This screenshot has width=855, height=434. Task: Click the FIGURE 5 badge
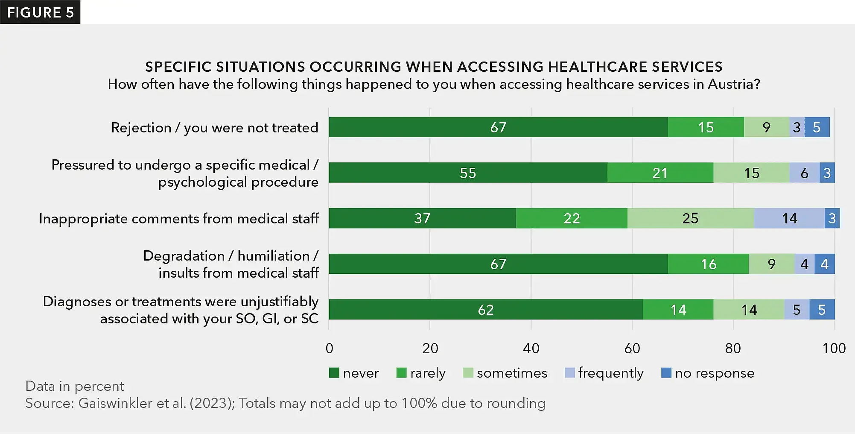(x=40, y=12)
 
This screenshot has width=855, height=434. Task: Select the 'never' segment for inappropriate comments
(x=422, y=218)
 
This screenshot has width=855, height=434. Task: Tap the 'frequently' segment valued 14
(x=789, y=218)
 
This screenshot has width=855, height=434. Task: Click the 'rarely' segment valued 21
(x=659, y=173)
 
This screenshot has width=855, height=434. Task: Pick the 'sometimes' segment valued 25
(x=690, y=218)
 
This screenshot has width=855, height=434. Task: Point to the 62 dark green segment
(x=485, y=310)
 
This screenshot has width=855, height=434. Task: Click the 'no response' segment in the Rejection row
(x=817, y=127)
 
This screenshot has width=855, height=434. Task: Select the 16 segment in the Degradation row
(x=708, y=264)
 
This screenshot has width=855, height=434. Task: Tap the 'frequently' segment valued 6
(x=804, y=173)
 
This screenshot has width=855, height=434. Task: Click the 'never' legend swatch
(x=334, y=373)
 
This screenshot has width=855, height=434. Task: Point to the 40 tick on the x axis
(x=531, y=348)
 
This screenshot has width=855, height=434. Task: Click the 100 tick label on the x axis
(x=834, y=348)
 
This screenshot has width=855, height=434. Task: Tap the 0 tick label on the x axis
(x=329, y=348)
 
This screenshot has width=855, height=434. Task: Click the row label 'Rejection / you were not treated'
(x=214, y=128)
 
